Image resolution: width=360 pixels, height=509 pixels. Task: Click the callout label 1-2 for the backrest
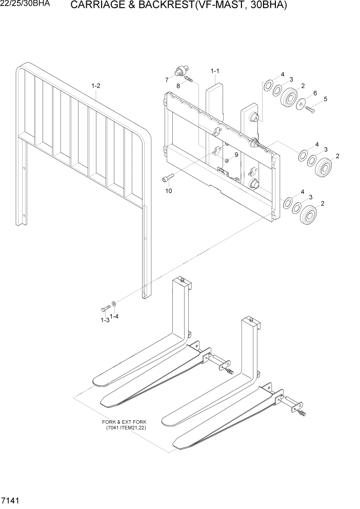tap(95, 86)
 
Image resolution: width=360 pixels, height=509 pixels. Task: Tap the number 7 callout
tap(167, 80)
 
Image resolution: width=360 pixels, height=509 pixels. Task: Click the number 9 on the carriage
tap(236, 154)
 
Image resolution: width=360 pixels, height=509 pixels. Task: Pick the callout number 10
tap(168, 191)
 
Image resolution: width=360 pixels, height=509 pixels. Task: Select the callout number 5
tap(325, 99)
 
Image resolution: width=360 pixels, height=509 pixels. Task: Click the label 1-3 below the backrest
tap(105, 320)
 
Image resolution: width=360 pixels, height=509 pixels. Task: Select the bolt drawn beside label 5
tap(309, 108)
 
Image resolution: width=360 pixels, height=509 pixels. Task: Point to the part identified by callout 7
tap(181, 70)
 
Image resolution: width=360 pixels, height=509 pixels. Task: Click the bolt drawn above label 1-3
tap(105, 309)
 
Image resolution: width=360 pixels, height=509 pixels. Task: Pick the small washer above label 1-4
tap(113, 304)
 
